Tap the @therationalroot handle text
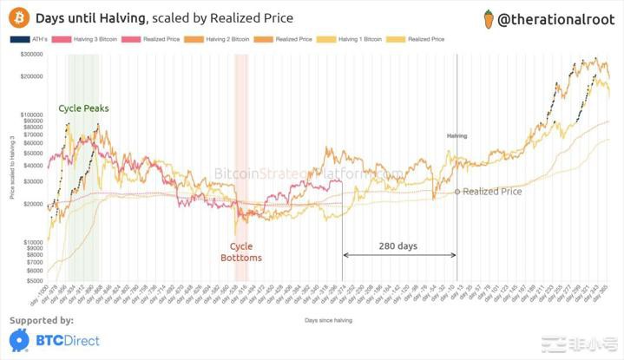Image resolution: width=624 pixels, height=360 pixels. (x=555, y=17)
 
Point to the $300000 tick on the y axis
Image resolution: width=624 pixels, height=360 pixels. (x=31, y=55)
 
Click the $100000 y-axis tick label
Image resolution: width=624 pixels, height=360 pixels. (x=31, y=115)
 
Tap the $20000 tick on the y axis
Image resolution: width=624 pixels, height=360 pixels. (x=33, y=204)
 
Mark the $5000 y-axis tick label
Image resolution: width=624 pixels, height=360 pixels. (x=35, y=280)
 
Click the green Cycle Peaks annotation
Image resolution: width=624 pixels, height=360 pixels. (x=85, y=108)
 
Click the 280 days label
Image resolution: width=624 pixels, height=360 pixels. (x=397, y=245)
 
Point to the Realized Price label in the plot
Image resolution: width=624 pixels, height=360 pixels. (x=492, y=191)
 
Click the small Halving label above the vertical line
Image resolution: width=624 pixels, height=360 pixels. (x=457, y=136)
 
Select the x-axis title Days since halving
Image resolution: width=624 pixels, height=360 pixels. (x=329, y=320)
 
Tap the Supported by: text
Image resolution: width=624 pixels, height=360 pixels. (x=41, y=321)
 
